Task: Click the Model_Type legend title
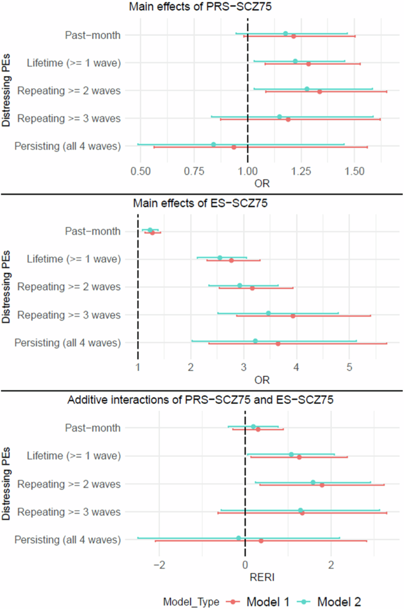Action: click(x=191, y=601)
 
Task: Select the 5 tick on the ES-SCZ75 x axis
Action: click(x=349, y=368)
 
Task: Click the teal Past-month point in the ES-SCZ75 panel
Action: click(x=150, y=230)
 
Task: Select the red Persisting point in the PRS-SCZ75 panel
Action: click(x=234, y=147)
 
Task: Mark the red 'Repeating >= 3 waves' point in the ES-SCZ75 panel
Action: click(x=293, y=316)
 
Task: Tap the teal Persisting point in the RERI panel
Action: click(x=238, y=538)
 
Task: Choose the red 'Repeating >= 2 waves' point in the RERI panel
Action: click(x=322, y=485)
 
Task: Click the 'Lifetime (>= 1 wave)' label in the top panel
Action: click(x=74, y=62)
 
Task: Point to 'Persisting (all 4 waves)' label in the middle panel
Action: click(x=67, y=343)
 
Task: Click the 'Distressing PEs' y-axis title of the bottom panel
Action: click(x=6, y=485)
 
